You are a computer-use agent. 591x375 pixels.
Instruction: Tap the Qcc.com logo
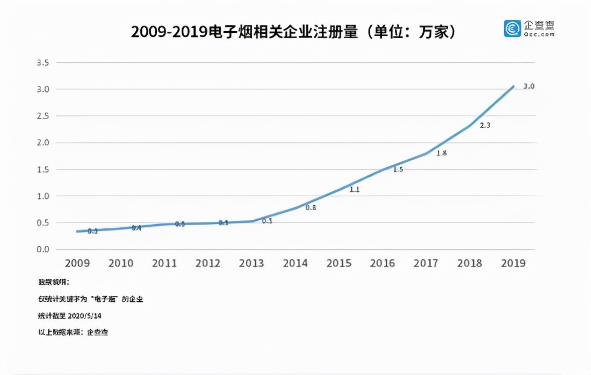pos(529,28)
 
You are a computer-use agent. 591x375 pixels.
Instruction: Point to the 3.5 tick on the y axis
pos(42,63)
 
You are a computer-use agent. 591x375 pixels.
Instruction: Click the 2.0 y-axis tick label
pos(42,142)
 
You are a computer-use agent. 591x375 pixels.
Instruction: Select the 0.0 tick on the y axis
pos(42,249)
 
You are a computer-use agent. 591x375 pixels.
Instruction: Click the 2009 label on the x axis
pos(77,263)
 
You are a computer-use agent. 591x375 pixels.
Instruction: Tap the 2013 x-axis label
pos(251,263)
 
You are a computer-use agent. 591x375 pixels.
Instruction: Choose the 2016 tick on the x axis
pos(382,263)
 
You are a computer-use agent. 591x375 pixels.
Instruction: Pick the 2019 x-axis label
pos(513,263)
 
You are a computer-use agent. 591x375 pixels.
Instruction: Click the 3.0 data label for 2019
pos(529,86)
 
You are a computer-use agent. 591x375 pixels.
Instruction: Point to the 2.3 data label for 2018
pos(485,126)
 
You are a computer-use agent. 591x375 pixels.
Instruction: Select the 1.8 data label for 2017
pos(442,153)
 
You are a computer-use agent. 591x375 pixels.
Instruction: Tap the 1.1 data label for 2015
pos(354,190)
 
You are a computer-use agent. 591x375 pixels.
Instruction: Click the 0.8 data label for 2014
pos(311,207)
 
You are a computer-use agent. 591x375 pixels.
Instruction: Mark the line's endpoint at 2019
pos(514,86)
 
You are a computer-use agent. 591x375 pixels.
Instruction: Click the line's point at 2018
pos(470,125)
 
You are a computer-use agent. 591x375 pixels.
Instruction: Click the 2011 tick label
pos(164,263)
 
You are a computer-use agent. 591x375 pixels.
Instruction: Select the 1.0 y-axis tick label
pos(42,196)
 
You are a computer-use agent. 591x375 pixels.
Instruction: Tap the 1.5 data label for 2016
pos(398,169)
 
